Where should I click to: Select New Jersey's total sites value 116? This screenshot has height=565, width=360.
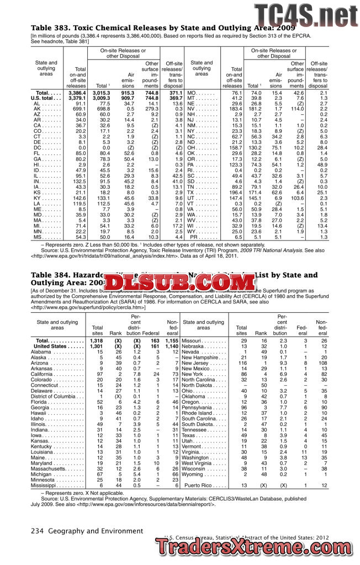[241, 363]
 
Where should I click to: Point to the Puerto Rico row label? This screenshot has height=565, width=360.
[205, 485]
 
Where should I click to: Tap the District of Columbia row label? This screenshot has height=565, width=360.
[53, 396]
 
